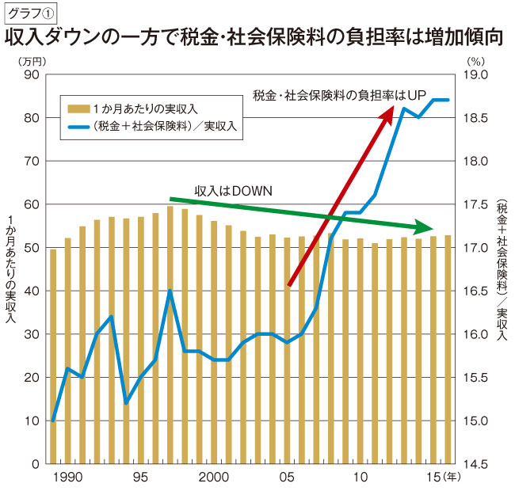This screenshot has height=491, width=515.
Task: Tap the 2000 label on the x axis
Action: pyautogui.click(x=214, y=478)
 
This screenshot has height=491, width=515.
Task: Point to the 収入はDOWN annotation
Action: pyautogui.click(x=233, y=191)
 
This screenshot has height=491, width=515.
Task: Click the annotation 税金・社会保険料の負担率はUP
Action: pyautogui.click(x=340, y=96)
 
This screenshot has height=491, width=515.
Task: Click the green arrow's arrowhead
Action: pyautogui.click(x=426, y=225)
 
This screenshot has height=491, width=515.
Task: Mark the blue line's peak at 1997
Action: pyautogui.click(x=170, y=291)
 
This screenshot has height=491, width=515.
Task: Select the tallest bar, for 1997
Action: pyautogui.click(x=170, y=333)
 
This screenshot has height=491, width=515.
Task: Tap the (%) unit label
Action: pyautogui.click(x=475, y=59)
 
